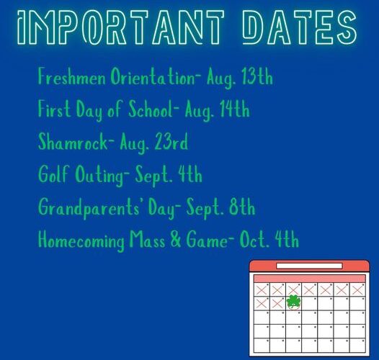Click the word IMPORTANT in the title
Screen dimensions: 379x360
click(x=121, y=27)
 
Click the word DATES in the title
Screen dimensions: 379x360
click(x=299, y=27)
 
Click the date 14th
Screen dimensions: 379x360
click(x=234, y=109)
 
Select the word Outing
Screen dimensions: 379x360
click(x=102, y=175)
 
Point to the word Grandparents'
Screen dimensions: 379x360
click(x=89, y=208)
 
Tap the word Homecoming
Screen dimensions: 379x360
click(x=81, y=240)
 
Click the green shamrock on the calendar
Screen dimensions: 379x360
click(x=293, y=302)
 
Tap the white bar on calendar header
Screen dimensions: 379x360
click(x=309, y=266)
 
